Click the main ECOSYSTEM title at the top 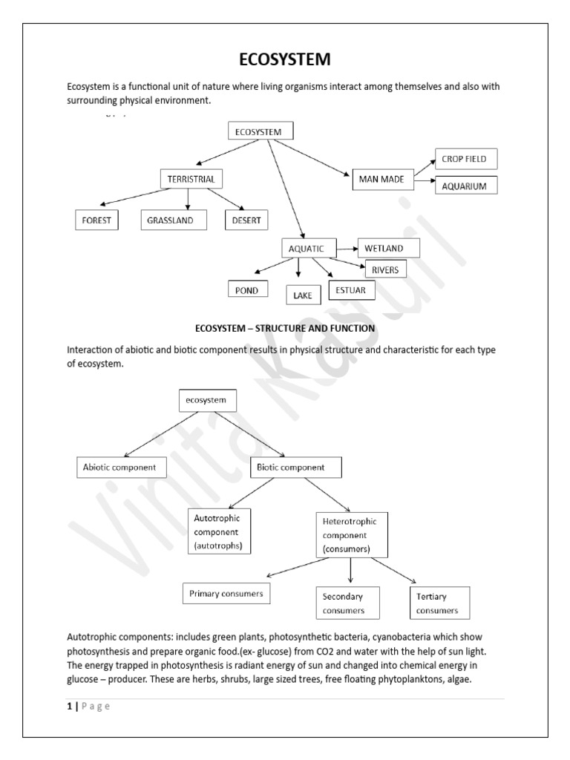click(x=284, y=59)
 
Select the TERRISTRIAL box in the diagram click(x=191, y=179)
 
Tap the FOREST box click(x=96, y=220)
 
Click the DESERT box click(x=246, y=220)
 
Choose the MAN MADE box click(x=381, y=180)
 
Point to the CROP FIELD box click(x=465, y=159)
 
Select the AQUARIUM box click(x=465, y=186)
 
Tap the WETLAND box click(x=389, y=247)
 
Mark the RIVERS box click(x=386, y=269)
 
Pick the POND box click(x=247, y=290)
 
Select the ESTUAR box click(x=351, y=289)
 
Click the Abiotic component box click(x=121, y=468)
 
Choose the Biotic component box click(x=295, y=468)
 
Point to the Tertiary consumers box click(x=439, y=604)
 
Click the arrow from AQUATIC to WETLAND click(x=347, y=247)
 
